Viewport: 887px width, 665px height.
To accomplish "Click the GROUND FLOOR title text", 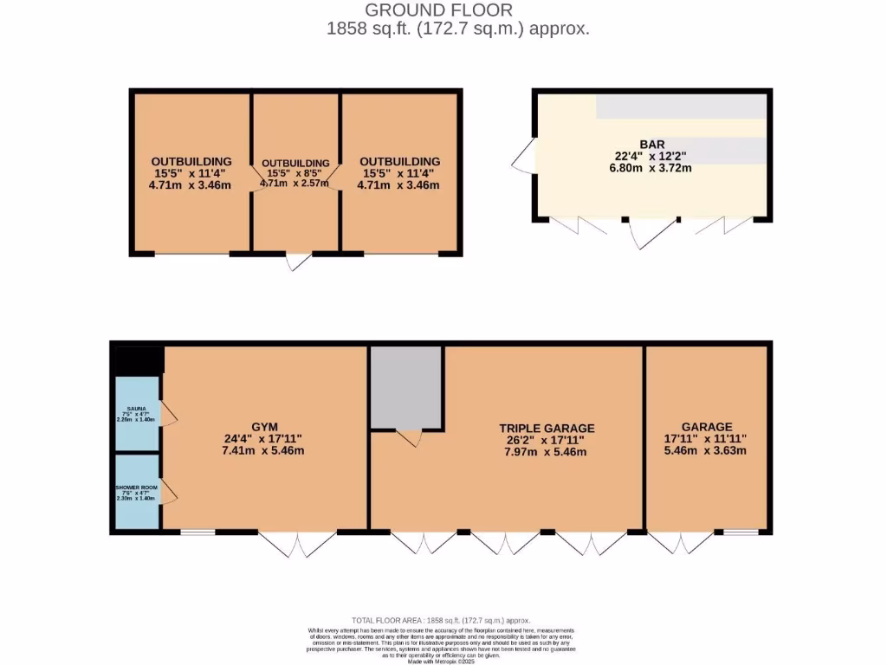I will click(x=438, y=10).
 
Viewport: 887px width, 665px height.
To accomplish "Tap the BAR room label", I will click(x=652, y=144).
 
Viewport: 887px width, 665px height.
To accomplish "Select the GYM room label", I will click(x=264, y=427).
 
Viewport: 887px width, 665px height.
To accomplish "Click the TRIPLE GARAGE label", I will click(x=547, y=428).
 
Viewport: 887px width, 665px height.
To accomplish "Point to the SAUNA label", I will click(x=137, y=408).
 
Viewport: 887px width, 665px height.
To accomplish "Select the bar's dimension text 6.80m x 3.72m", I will click(x=652, y=168).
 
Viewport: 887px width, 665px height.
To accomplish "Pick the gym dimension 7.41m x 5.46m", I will click(x=264, y=450).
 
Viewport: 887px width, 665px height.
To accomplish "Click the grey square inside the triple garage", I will click(x=406, y=387).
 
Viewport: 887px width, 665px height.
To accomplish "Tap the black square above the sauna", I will click(x=137, y=361).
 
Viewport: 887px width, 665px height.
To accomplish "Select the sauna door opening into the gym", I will click(x=168, y=416).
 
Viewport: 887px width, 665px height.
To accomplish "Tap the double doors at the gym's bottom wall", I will click(x=297, y=543).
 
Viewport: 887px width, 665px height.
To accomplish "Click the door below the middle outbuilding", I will click(x=298, y=261).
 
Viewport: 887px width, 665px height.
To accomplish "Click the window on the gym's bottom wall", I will click(x=197, y=532).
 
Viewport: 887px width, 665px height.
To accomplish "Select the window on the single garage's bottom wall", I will click(x=741, y=532).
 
